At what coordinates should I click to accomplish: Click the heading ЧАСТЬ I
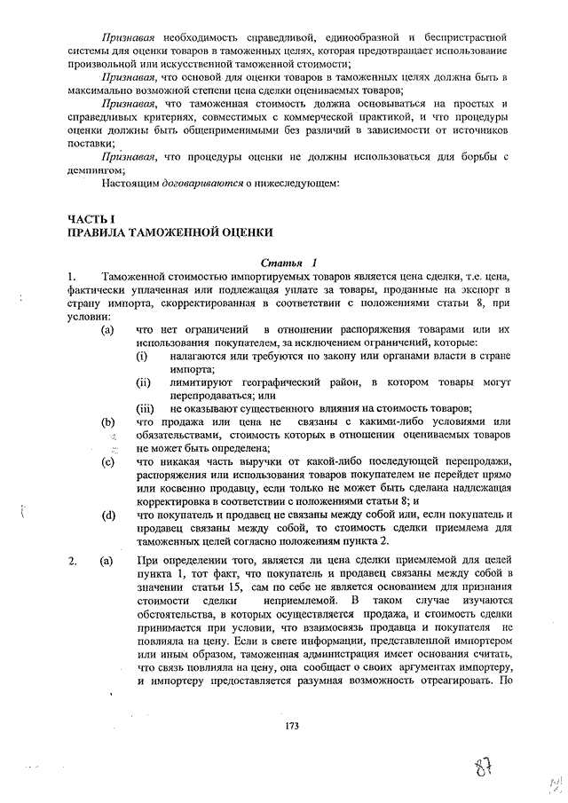(91, 218)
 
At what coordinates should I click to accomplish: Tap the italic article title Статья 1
(288, 264)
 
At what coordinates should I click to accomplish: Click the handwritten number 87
(485, 765)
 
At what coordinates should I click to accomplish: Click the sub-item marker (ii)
(144, 382)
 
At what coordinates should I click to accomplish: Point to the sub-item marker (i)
(142, 356)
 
